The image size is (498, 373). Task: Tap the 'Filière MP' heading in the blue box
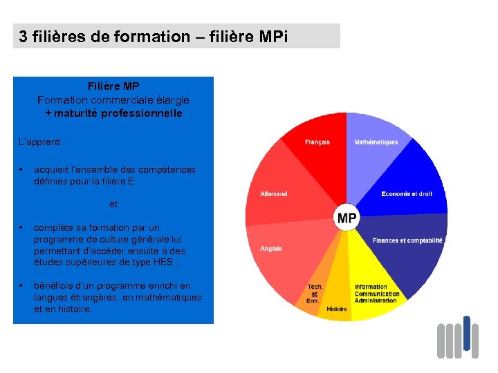tap(113, 86)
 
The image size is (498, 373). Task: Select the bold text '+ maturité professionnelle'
tap(113, 113)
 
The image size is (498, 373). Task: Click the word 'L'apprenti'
tap(41, 142)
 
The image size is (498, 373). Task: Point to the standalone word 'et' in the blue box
tap(113, 204)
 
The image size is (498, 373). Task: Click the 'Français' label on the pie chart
tap(317, 142)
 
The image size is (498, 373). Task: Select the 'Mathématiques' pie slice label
tap(376, 142)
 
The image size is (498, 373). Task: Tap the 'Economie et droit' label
tap(407, 194)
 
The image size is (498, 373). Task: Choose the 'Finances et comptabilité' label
tap(407, 240)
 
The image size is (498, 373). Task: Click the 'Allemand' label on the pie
tap(274, 194)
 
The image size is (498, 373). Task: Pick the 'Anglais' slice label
tap(271, 249)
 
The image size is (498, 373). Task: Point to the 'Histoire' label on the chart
tap(337, 309)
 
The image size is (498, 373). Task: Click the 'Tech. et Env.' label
tap(315, 294)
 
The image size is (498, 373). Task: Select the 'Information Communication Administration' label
tap(376, 294)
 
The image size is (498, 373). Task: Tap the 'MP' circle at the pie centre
tap(347, 219)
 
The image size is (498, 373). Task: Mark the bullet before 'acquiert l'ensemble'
tap(23, 169)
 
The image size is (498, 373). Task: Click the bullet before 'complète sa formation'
tap(23, 227)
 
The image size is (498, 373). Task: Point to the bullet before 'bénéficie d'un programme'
tap(23, 285)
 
